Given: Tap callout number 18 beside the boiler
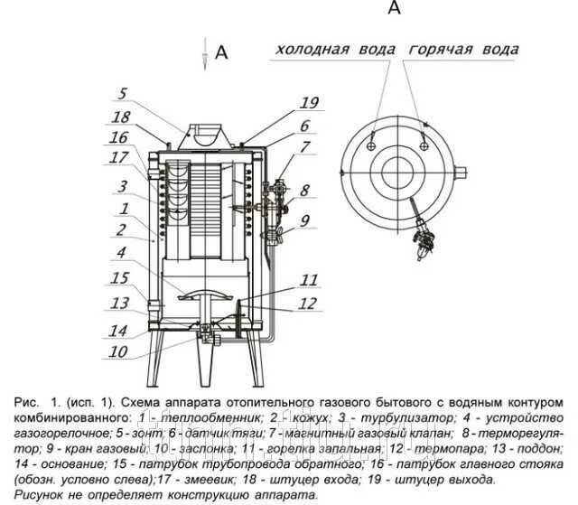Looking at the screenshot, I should [x=121, y=117].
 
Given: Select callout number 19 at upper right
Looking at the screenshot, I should [x=310, y=102].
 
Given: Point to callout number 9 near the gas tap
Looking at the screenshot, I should [x=305, y=220].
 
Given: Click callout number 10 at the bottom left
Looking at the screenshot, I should [x=117, y=353].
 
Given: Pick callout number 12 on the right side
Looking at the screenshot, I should [x=310, y=303].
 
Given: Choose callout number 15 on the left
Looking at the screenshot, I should [x=121, y=278].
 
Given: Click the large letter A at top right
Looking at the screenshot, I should [x=393, y=8].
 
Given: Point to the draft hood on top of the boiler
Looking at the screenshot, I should [x=204, y=136].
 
